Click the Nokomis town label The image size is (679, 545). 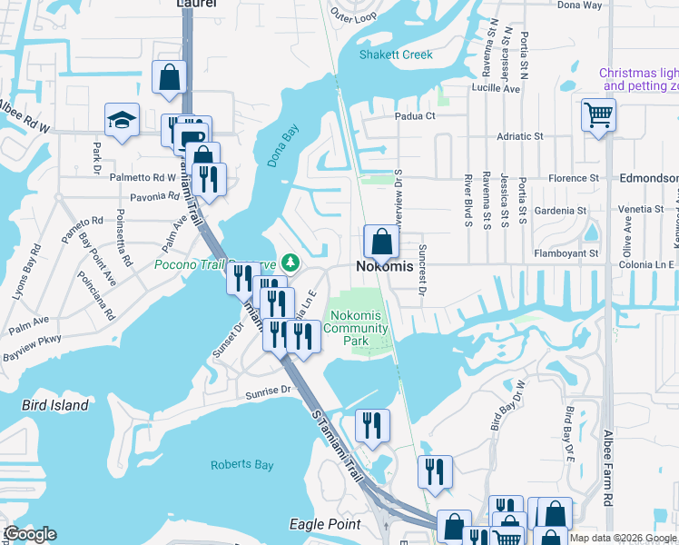[382, 267]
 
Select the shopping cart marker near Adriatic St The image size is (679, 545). [598, 115]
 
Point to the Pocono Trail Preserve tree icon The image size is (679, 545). [290, 263]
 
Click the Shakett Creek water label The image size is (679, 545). [395, 54]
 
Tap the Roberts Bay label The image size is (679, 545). [241, 465]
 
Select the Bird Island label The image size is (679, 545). [56, 405]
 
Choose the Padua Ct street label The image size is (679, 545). [415, 116]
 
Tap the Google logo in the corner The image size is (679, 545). [30, 533]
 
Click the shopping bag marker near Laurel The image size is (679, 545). [170, 77]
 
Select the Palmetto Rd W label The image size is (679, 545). [145, 177]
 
